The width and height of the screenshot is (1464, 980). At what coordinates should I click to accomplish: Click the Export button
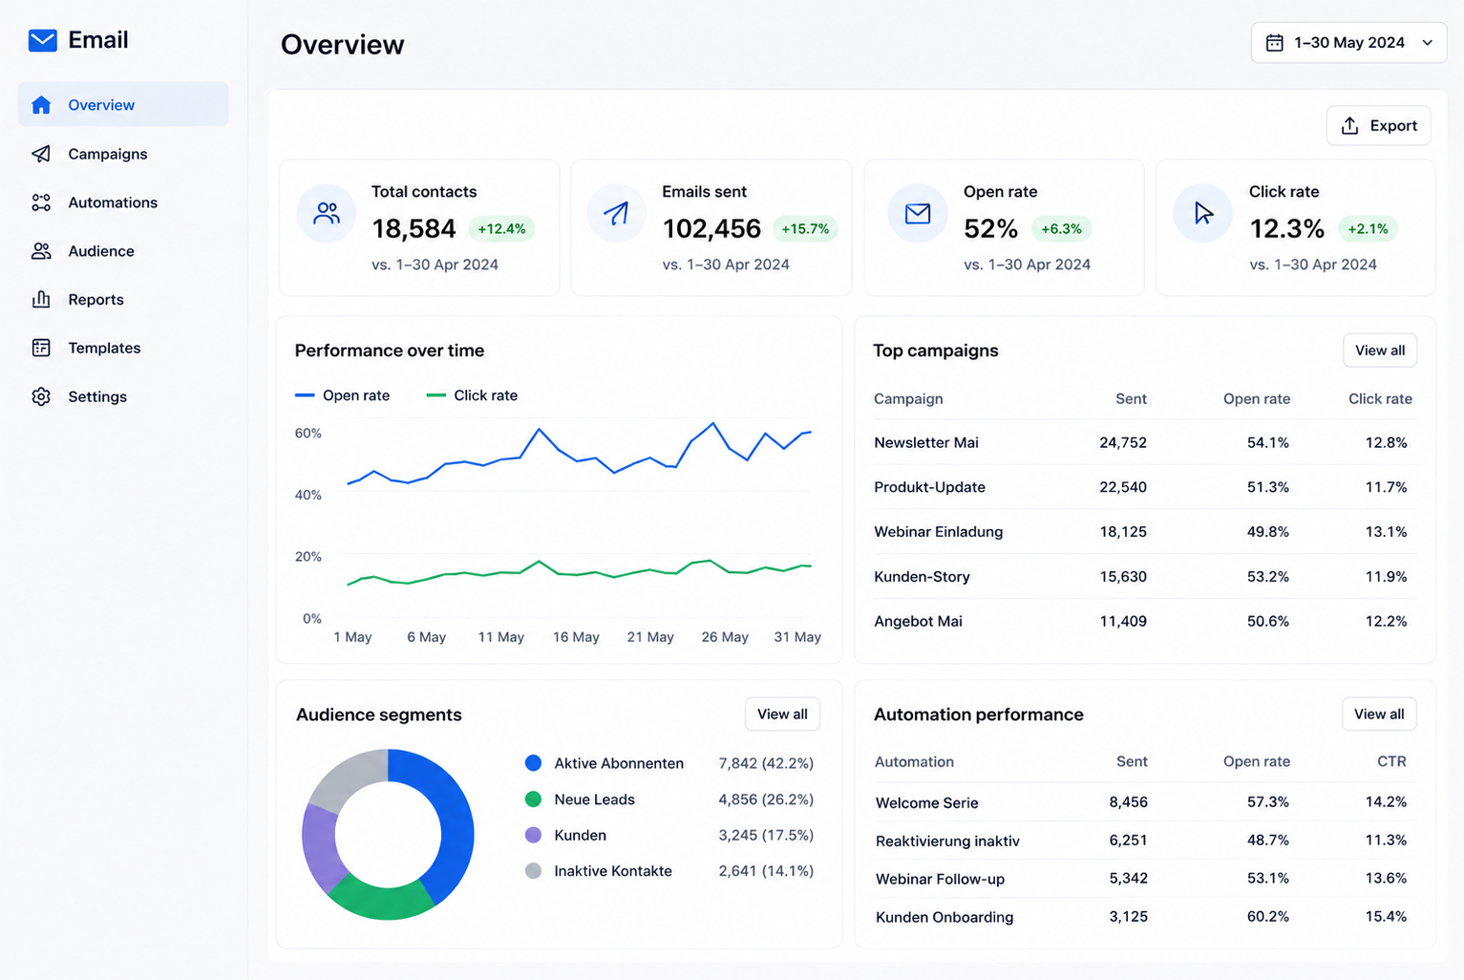coord(1378,125)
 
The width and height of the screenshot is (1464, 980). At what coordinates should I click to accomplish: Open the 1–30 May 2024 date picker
coord(1348,43)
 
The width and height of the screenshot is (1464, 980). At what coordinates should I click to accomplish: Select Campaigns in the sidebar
coord(108,154)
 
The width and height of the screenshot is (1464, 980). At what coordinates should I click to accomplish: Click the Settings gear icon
coord(41,396)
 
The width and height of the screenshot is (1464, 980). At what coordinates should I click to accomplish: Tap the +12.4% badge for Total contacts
coord(501,229)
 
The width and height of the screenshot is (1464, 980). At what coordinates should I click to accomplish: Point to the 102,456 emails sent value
coord(711,229)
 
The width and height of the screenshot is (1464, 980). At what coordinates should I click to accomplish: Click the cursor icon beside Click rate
coord(1202,213)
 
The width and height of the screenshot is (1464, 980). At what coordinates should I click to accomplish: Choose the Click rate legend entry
coord(472,395)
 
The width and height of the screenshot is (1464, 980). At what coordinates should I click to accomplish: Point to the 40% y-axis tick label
coord(308,495)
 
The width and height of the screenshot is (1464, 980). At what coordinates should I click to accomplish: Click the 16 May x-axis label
coord(576,637)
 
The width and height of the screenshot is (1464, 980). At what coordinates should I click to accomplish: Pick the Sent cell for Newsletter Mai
coord(1123,442)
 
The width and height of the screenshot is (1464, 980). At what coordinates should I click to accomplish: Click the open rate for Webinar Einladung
coord(1268,531)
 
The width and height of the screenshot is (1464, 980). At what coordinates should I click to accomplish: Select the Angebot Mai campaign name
coord(919,621)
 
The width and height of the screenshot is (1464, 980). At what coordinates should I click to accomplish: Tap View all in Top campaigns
coord(1380,351)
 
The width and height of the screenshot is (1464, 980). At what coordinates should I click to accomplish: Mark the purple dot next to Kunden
coord(533,835)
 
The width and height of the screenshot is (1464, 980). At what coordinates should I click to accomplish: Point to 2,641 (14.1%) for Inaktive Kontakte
coord(766,871)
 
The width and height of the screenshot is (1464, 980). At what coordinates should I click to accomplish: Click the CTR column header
coord(1391,761)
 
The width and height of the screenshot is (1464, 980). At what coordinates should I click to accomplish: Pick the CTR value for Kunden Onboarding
coord(1386,917)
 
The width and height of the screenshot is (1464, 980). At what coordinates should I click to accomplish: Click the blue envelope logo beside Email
coord(42,40)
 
